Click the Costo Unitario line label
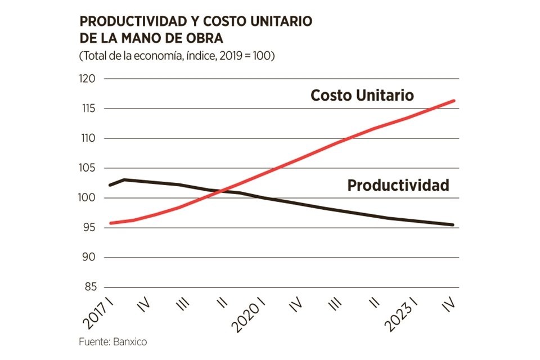tap(362, 96)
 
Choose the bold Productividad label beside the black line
tap(398, 185)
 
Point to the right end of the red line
tap(454, 101)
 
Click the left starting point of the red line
tap(110, 223)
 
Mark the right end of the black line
tap(454, 225)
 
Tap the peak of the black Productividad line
tap(124, 179)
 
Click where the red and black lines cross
tap(217, 191)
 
